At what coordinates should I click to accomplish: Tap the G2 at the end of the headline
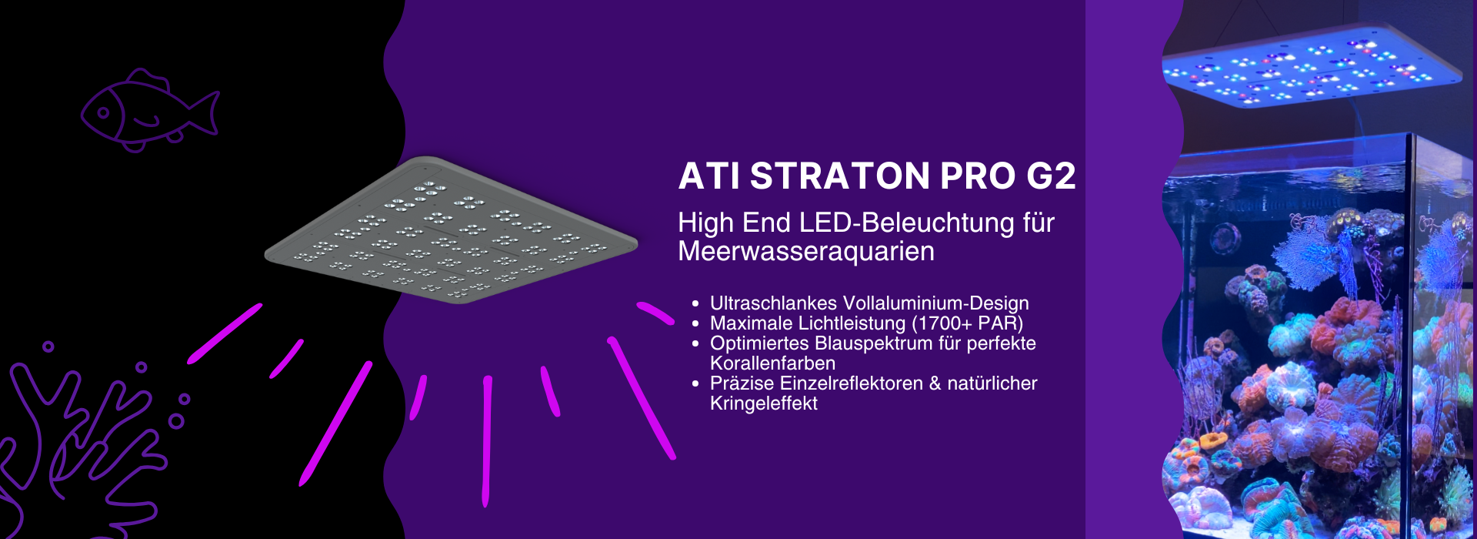click(1051, 176)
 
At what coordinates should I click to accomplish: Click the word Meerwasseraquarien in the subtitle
click(806, 252)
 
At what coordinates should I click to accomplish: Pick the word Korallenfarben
click(772, 363)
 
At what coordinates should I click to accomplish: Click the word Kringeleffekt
click(763, 403)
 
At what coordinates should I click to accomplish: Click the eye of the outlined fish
click(104, 113)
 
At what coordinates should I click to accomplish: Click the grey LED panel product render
click(452, 230)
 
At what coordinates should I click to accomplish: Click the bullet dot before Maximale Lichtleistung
click(695, 324)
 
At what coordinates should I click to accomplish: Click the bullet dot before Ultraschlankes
click(695, 304)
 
